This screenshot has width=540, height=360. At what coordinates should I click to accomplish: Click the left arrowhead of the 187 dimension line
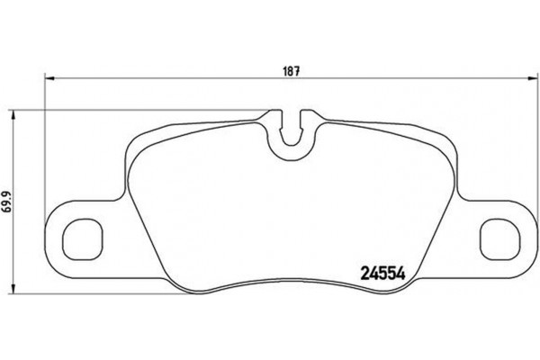[49, 77]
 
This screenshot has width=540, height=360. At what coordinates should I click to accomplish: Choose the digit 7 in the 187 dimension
[296, 71]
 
